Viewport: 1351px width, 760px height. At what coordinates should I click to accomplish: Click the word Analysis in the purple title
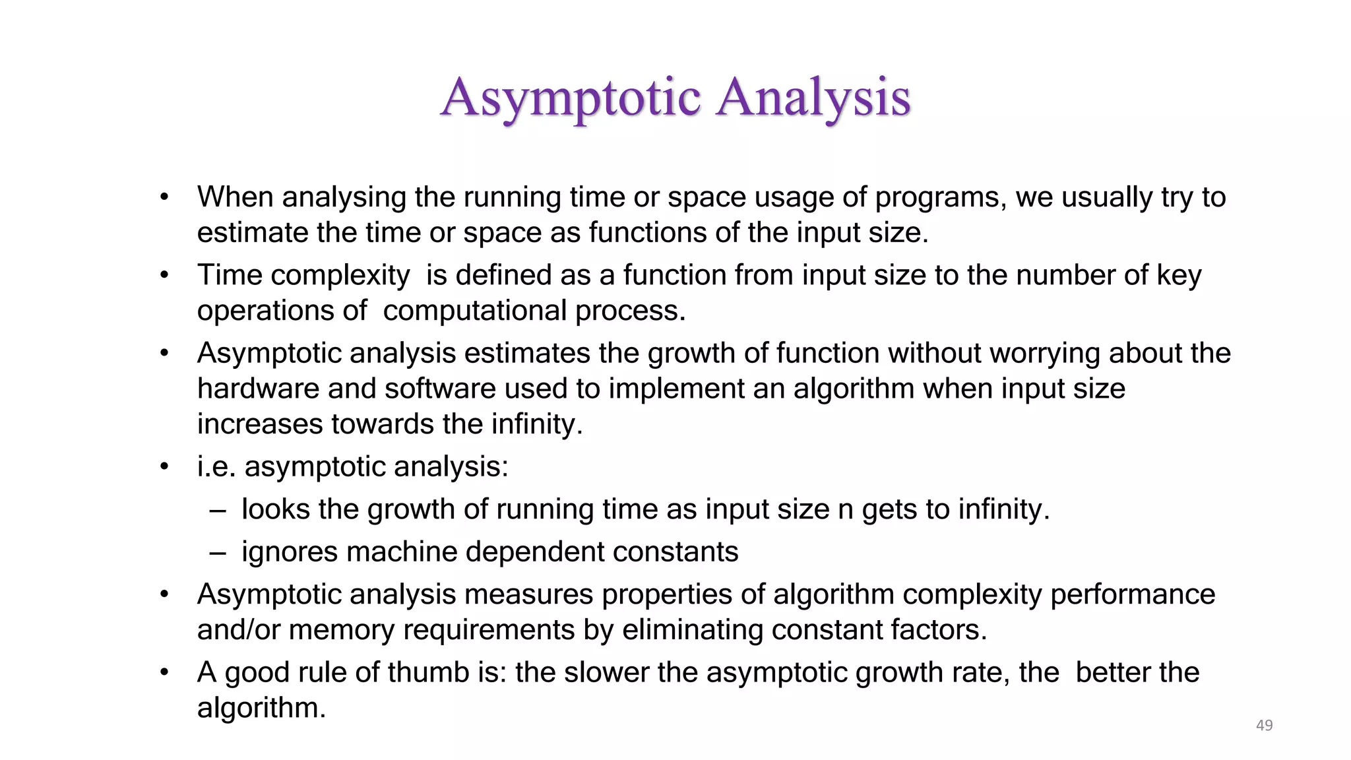coord(813,98)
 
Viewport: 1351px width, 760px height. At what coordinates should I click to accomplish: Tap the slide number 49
coord(1264,725)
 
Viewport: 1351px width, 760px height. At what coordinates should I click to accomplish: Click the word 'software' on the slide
coord(440,389)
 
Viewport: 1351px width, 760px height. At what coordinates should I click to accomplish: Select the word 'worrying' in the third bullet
coord(1044,354)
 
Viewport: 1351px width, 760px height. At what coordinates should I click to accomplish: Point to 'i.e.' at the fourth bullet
coord(216,467)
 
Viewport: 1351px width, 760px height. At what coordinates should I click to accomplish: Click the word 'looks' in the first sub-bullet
coord(275,509)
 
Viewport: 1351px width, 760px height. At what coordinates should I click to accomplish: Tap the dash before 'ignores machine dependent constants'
coord(217,553)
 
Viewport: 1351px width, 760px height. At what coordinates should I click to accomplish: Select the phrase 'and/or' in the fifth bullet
coord(238,630)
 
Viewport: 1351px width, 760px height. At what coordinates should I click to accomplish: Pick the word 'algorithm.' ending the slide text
coord(261,709)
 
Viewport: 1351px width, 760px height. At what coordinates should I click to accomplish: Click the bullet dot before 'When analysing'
coord(164,197)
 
